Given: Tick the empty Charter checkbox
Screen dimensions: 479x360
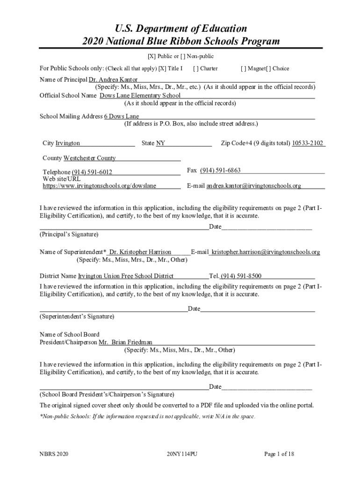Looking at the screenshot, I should pyautogui.click(x=196, y=68).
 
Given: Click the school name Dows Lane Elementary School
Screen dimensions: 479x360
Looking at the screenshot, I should pyautogui.click(x=140, y=95).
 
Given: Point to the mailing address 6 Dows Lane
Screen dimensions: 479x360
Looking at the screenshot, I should pyautogui.click(x=122, y=116).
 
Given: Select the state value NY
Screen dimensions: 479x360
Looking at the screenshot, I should pyautogui.click(x=160, y=143).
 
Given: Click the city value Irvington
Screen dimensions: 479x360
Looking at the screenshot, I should pyautogui.click(x=68, y=143).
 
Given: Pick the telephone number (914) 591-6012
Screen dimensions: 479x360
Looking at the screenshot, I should pyautogui.click(x=92, y=172).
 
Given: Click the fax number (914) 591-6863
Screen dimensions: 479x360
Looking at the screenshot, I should pyautogui.click(x=220, y=170).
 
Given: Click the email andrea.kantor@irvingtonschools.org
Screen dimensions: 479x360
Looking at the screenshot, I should pyautogui.click(x=253, y=186).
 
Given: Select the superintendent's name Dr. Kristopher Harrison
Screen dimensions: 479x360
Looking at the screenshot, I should pyautogui.click(x=140, y=252).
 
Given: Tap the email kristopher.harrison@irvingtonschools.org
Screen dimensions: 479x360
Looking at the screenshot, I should pyautogui.click(x=266, y=252).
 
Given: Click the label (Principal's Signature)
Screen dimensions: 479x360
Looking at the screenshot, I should pyautogui.click(x=69, y=234).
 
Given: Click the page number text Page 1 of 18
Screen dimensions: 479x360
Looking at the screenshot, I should pyautogui.click(x=279, y=454).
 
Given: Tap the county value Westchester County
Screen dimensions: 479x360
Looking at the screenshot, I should pyautogui.click(x=89, y=158).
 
